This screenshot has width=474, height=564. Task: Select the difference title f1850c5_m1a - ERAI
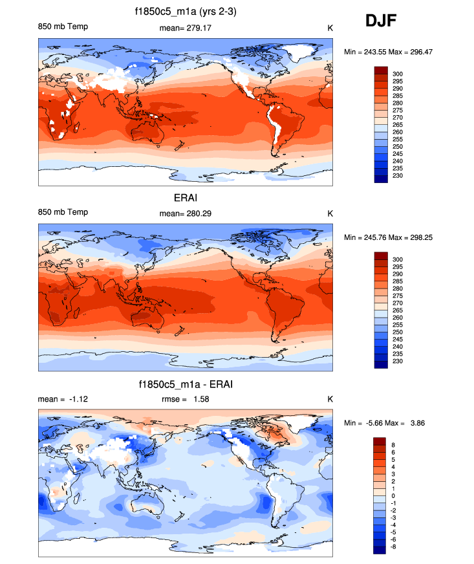[x=186, y=385]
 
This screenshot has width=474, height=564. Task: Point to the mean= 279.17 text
[x=185, y=27]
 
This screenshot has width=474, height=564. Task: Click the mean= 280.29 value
[x=185, y=213]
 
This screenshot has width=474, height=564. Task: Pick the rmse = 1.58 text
[x=186, y=399]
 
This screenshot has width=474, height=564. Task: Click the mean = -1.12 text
[x=63, y=399]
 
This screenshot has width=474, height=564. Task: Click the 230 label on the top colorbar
[x=398, y=176]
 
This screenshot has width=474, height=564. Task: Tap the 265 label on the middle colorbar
[x=398, y=310]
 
